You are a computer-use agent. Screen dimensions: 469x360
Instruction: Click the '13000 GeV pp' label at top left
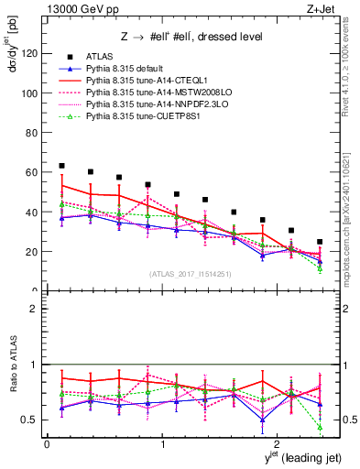(x=75, y=9)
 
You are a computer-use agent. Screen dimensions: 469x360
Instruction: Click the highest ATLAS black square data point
(x=61, y=166)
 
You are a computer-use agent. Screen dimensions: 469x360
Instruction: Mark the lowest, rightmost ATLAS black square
(x=320, y=242)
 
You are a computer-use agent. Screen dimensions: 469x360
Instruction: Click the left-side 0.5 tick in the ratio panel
(x=32, y=420)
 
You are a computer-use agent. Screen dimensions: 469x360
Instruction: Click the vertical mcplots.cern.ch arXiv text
(x=352, y=202)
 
